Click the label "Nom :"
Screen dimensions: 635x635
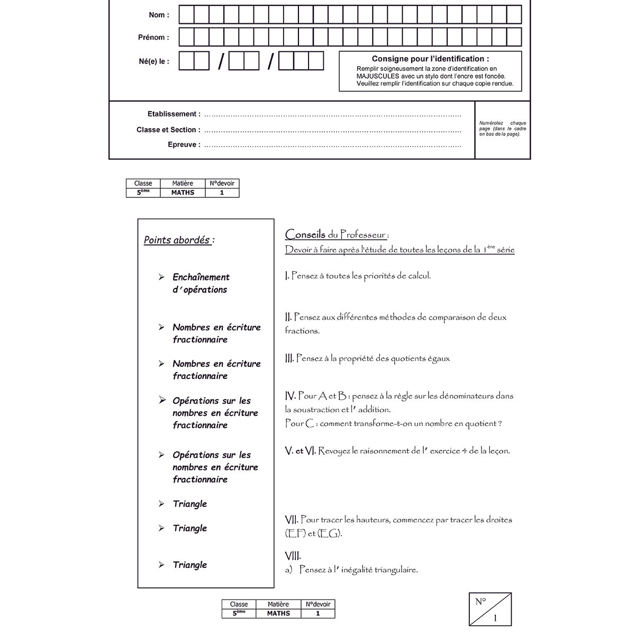159,15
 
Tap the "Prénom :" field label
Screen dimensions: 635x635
153,38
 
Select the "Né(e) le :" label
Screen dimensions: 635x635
154,61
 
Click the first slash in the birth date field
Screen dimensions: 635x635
221,62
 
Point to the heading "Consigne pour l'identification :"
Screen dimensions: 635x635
430,59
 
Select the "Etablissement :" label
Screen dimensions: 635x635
174,114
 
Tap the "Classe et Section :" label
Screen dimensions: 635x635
168,130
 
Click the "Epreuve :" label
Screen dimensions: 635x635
184,144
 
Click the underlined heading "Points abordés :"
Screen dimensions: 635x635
179,240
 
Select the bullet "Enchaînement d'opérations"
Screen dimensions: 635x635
201,283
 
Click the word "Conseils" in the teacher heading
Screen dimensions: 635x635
305,234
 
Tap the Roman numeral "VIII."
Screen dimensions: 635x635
293,556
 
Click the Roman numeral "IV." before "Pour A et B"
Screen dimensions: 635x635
290,396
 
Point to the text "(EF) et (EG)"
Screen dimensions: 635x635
313,533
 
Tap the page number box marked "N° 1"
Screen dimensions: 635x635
490,609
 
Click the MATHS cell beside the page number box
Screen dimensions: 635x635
278,613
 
